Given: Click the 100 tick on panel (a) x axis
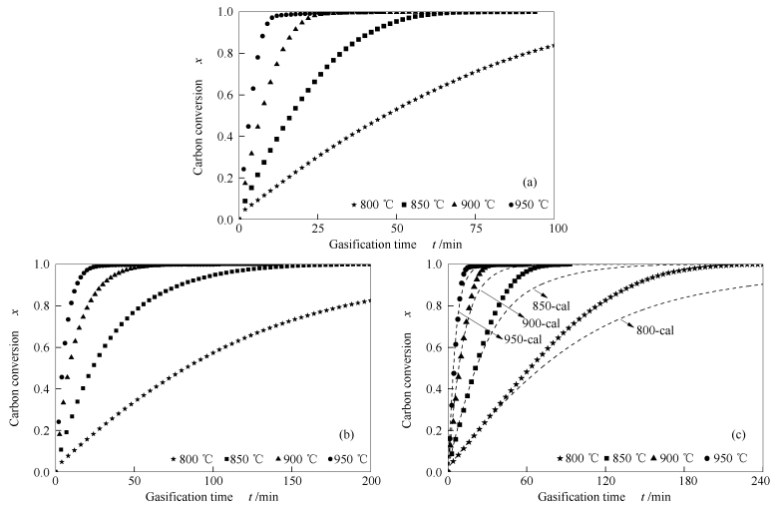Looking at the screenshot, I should (557, 229).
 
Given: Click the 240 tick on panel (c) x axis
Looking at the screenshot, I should (758, 481).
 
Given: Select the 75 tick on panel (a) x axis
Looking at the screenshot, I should (477, 229).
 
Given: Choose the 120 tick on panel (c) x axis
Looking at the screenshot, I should (602, 481).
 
